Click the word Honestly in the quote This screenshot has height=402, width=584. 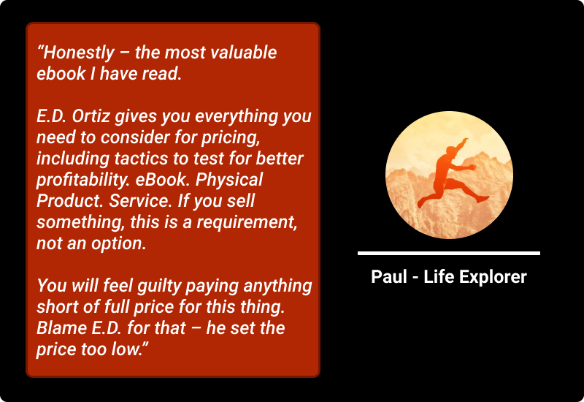[x=79, y=53]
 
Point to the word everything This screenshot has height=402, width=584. [x=237, y=117]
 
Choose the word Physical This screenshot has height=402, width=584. [x=229, y=180]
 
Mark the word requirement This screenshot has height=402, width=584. [x=247, y=223]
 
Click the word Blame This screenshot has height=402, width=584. [x=62, y=328]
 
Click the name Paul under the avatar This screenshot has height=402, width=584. [x=389, y=277]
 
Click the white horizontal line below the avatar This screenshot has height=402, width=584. [x=449, y=253]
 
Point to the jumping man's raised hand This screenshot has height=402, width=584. [x=465, y=140]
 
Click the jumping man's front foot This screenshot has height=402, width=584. [x=483, y=199]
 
